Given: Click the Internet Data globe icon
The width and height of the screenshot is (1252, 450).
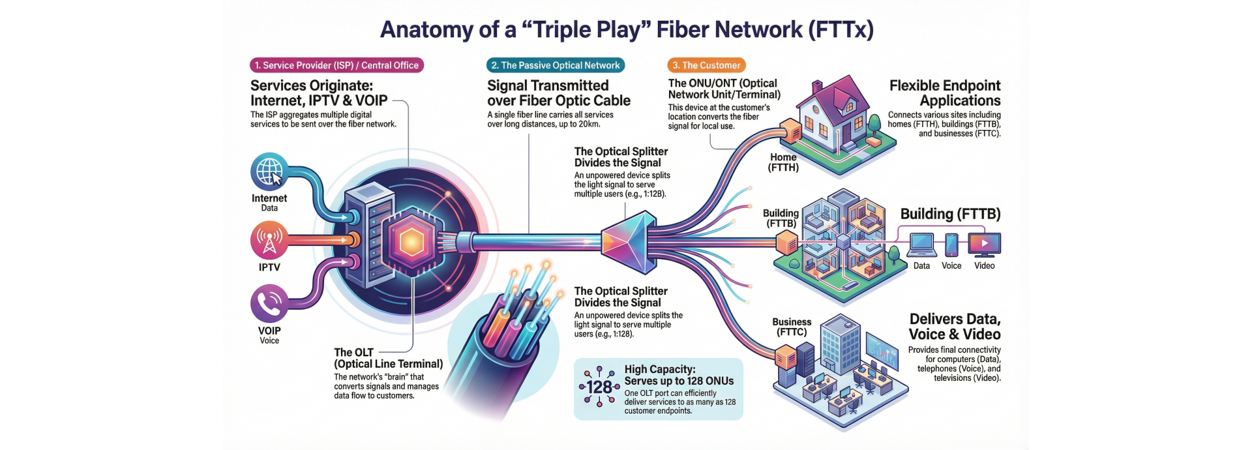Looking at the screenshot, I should [269, 172].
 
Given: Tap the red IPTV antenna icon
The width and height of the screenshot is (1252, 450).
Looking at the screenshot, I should [269, 241].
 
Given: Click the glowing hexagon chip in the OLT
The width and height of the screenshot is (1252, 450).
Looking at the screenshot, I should [411, 241].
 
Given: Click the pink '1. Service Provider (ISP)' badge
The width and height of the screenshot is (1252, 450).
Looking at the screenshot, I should [336, 65].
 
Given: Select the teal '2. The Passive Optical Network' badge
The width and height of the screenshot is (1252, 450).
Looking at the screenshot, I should [556, 65].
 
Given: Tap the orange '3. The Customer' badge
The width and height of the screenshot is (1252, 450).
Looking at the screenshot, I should [706, 65].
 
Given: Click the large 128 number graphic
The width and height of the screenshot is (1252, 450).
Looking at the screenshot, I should [599, 387].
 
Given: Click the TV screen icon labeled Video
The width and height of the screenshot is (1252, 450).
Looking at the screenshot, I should [985, 244].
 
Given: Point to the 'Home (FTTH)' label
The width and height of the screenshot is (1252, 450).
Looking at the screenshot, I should [783, 162].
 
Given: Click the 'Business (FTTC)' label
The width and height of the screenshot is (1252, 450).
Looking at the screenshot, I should [792, 327].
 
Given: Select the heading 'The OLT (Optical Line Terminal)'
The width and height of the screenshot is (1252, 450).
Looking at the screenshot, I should [388, 358].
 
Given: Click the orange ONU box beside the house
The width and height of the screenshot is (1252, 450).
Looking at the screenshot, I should [791, 131].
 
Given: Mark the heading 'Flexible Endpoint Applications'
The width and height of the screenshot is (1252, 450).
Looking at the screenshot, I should [945, 93].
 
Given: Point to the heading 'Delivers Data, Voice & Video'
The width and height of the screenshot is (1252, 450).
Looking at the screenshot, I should [955, 327].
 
